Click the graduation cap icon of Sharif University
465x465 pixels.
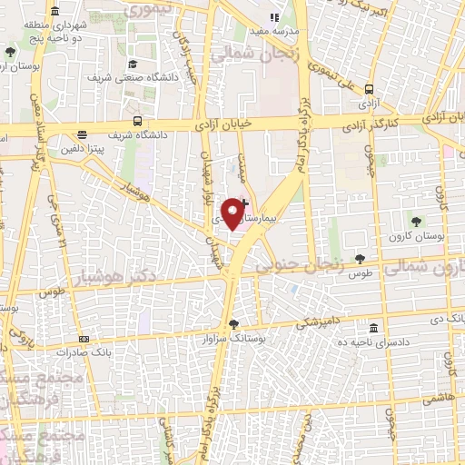(134, 64)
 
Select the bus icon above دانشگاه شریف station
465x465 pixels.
(137, 121)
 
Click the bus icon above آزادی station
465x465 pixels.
(369, 90)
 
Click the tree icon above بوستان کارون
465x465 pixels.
(416, 221)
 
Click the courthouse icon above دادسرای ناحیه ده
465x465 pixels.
(373, 326)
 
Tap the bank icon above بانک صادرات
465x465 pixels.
(72, 350)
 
